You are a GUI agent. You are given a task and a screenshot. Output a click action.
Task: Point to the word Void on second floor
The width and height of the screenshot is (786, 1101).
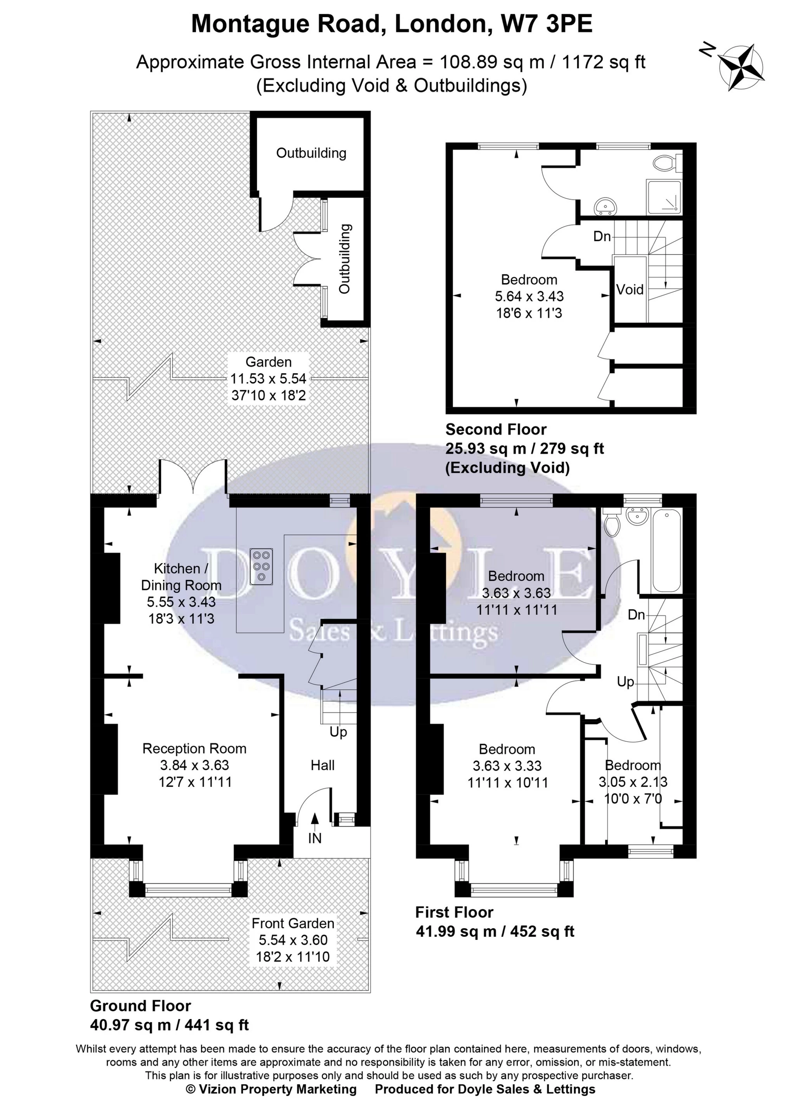click(x=629, y=290)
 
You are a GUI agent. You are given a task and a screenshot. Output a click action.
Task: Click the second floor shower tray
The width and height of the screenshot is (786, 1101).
click(x=665, y=197)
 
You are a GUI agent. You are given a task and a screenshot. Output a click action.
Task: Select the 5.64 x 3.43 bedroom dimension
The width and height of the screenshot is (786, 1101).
click(x=529, y=296)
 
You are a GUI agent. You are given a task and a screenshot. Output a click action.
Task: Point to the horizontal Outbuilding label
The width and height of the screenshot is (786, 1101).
click(x=311, y=153)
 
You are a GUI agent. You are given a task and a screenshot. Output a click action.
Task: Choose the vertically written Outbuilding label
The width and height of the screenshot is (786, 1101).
click(x=344, y=259)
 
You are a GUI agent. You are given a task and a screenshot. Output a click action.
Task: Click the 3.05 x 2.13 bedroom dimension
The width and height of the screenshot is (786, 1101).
click(x=633, y=781)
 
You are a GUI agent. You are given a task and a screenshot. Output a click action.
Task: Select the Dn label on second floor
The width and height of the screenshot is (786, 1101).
click(x=602, y=236)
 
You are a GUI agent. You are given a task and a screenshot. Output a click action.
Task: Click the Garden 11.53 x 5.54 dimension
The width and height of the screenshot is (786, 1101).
click(x=269, y=379)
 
